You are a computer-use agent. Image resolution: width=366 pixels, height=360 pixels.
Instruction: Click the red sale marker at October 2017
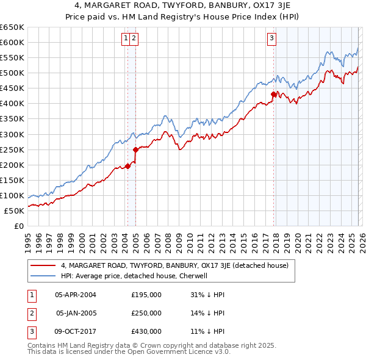coord(273,94)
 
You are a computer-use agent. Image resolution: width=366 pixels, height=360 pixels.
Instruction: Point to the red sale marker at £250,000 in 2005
coord(135,149)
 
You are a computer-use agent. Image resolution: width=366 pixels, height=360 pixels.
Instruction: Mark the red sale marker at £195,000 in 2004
coord(127,166)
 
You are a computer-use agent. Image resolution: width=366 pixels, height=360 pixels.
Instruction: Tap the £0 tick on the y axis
coord(18,226)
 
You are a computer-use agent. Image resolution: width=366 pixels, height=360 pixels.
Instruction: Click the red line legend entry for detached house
coord(174,265)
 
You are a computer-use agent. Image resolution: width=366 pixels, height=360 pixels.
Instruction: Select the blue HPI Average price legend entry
coord(134,276)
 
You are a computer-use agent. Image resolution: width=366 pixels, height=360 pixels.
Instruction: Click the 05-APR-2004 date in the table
coord(75,294)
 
